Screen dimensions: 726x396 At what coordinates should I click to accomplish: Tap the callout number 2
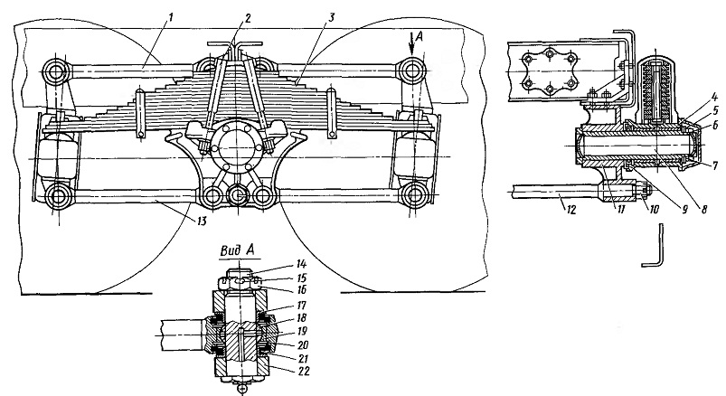coord(248,18)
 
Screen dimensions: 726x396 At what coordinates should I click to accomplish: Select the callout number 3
coord(331,18)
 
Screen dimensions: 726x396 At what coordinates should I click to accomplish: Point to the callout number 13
coord(201,222)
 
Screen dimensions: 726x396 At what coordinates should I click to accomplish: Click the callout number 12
coord(570,210)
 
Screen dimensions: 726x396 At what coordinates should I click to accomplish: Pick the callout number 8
coord(703,209)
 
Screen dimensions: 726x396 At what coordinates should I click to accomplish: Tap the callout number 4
coord(714,98)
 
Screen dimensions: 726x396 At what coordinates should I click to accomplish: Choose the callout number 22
coord(303,371)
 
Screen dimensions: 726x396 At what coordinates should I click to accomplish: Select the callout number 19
coord(301,332)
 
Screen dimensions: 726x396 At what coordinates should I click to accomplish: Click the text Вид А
coord(237,250)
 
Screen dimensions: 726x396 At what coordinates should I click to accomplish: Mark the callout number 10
coord(654,210)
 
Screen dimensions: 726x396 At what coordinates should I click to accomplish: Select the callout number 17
coord(301,306)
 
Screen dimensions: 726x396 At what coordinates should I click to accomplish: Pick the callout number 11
coord(621,210)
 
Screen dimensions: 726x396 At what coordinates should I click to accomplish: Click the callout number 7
coord(715,165)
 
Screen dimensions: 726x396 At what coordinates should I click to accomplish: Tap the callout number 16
coord(301,290)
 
